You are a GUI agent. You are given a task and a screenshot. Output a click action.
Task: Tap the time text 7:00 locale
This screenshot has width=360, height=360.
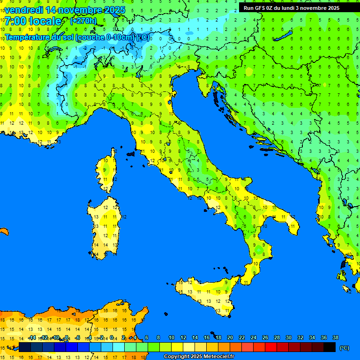pyautogui.click(x=33, y=21)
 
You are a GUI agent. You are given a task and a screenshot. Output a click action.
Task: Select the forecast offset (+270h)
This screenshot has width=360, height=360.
pyautogui.click(x=83, y=21)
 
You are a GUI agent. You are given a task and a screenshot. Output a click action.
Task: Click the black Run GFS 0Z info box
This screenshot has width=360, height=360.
pyautogui.click(x=298, y=7)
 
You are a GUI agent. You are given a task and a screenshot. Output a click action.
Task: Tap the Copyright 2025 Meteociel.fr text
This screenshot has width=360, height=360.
pyautogui.click(x=198, y=357)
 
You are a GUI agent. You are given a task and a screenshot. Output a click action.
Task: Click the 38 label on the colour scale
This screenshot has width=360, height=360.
pyautogui.click(x=335, y=337)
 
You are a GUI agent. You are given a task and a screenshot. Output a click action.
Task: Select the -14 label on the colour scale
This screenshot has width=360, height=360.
pyautogui.click(x=32, y=337)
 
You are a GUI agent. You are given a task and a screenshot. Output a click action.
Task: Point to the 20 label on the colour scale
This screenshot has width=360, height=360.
pyautogui.click(x=230, y=337)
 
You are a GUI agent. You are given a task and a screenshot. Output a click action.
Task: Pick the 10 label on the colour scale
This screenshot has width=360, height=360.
pyautogui.click(x=172, y=337)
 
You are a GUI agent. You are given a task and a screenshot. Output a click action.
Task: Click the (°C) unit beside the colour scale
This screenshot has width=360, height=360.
pyautogui.click(x=345, y=347)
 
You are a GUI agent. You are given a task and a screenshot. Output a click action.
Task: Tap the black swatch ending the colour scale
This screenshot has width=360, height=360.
pyautogui.click(x=330, y=347)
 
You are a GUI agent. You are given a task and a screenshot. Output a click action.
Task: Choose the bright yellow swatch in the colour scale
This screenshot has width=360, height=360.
pyautogui.click(x=177, y=347)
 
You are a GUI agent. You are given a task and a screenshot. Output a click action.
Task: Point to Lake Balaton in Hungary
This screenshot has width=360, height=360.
pyautogui.click(x=285, y=36)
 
